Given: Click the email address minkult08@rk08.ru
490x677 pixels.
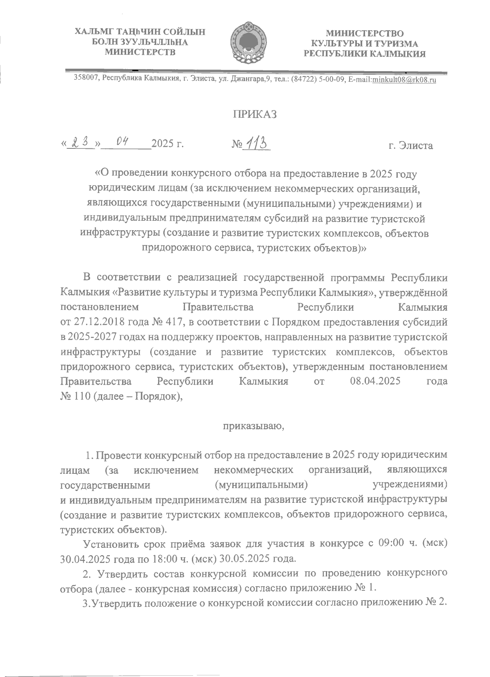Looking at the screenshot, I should pos(404,80).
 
